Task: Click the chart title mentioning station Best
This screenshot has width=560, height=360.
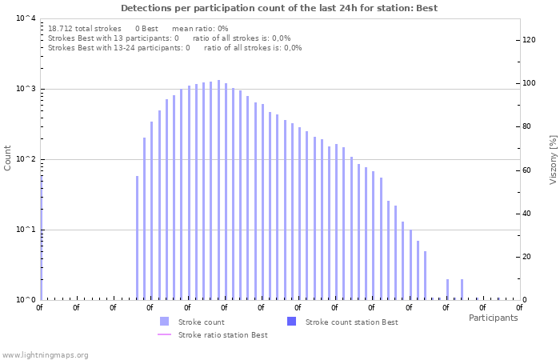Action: pos(279,8)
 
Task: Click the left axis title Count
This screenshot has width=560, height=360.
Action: pos(8,158)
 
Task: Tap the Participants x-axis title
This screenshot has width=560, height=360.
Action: pos(493,318)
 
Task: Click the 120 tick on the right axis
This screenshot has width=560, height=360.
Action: pos(529,40)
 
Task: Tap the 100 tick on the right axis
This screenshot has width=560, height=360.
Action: pos(529,83)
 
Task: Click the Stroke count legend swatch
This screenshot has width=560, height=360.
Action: pos(164,322)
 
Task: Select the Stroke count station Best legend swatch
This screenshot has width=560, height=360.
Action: pos(291,322)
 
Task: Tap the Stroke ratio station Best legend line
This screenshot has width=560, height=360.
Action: pos(164,334)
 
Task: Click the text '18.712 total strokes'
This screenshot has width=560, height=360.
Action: pos(84,28)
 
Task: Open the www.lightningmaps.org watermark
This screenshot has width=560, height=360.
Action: pos(45,354)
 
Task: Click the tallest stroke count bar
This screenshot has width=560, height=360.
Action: pos(218,190)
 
